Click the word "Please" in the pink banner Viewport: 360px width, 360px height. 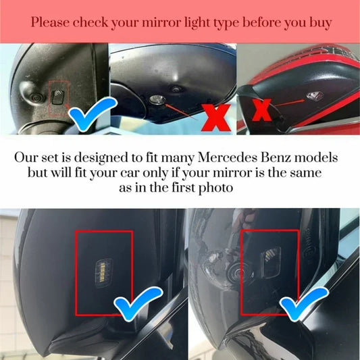tap(50, 22)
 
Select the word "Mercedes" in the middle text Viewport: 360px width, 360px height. tap(228, 157)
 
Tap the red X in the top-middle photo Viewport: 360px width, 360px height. tap(216, 118)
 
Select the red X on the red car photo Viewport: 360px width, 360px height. tap(262, 110)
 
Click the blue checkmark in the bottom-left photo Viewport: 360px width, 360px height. tap(138, 303)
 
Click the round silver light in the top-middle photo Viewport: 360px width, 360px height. tap(157, 99)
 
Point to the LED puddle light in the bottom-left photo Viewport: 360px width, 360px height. tap(104, 273)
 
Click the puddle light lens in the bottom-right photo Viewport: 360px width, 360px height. tap(271, 262)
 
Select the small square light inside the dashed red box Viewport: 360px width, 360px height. tap(58, 97)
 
